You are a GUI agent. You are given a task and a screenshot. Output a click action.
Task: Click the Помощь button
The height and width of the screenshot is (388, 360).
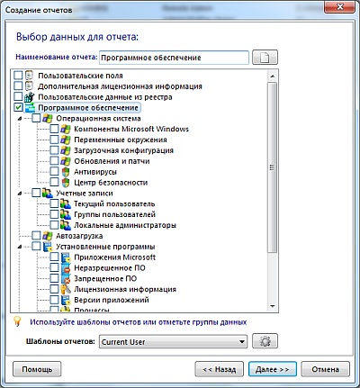[37, 369]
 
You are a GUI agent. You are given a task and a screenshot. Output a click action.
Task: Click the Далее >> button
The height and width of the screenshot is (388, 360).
[273, 369]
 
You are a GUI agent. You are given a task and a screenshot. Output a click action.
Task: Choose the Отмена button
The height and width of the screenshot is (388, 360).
[325, 369]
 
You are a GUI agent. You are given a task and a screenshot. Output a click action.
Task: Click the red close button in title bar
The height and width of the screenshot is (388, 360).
[339, 7]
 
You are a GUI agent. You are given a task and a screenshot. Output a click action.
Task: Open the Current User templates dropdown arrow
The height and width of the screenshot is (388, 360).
[241, 341]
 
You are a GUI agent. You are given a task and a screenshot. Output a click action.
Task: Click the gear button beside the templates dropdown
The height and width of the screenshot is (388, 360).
[265, 341]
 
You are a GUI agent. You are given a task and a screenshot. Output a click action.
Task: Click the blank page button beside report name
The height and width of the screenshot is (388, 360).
[265, 57]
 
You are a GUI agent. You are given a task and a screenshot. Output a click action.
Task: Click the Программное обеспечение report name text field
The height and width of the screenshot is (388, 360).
[174, 58]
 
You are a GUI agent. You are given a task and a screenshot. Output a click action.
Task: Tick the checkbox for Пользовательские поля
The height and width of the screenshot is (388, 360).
[18, 76]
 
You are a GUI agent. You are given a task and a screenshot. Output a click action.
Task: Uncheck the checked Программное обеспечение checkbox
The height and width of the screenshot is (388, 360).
[18, 107]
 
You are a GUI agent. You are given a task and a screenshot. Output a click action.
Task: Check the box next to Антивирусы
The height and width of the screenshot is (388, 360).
[54, 172]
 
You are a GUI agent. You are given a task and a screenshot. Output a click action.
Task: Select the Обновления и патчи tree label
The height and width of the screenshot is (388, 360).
[112, 161]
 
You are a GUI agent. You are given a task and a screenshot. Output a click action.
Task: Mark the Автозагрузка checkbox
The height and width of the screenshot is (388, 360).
[36, 236]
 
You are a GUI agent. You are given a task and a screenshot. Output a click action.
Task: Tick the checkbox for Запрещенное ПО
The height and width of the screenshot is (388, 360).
[54, 278]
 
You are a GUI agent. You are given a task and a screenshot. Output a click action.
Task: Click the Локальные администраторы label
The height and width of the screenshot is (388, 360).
[125, 225]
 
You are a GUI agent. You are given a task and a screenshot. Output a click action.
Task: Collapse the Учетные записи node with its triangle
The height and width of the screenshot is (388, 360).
[20, 194]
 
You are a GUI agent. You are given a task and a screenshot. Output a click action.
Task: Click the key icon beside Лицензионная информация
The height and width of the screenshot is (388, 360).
[65, 289]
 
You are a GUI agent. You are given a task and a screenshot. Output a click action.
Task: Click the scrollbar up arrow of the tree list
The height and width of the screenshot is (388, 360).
[273, 77]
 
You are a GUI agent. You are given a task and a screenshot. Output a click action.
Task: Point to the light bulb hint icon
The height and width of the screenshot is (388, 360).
[17, 321]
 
